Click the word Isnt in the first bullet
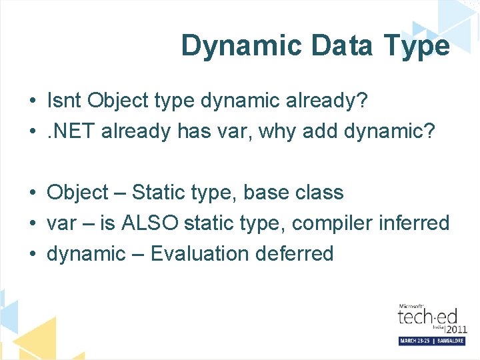64,101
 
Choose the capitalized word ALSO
150,223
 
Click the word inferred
413,223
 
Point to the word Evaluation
199,253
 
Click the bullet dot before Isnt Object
32,101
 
